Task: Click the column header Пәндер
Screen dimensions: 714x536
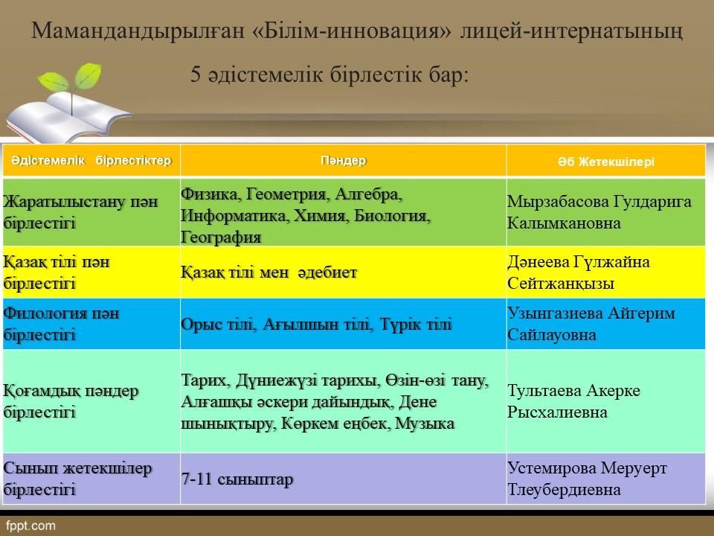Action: [x=344, y=161]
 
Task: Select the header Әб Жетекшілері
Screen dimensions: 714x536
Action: [x=606, y=162]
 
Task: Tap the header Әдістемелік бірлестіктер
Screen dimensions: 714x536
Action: [x=91, y=161]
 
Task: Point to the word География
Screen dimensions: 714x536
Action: [x=221, y=237]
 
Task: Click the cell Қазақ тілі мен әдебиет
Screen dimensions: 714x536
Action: [x=268, y=272]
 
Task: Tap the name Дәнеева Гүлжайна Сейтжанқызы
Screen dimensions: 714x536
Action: [x=579, y=272]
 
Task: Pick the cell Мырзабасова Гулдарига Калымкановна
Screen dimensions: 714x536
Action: [x=599, y=212]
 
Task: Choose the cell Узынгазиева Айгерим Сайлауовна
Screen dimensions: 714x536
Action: [x=591, y=324]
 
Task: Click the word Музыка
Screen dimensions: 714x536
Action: [x=425, y=424]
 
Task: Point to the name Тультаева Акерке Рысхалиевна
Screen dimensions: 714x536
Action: [x=573, y=401]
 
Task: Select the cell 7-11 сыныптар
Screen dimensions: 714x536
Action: [x=237, y=479]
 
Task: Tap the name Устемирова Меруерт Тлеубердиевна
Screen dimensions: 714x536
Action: [x=587, y=479]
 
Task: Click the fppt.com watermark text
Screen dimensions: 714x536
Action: [x=30, y=526]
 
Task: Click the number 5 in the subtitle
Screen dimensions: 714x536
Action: [x=196, y=74]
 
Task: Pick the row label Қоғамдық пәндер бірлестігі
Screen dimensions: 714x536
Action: [x=71, y=401]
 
